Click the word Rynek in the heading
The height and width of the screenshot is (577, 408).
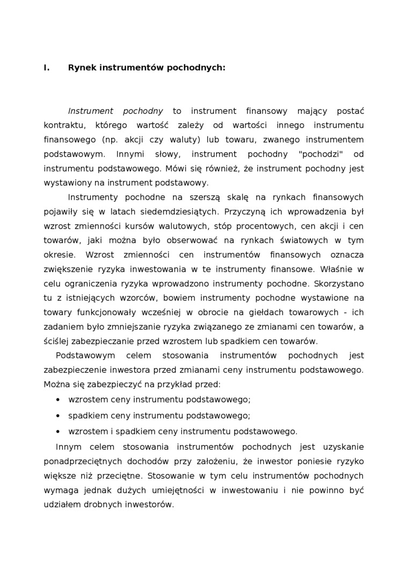pos(81,68)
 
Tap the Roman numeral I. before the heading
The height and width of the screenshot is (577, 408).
pos(46,68)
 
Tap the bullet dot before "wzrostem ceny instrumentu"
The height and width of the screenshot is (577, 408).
pos(57,400)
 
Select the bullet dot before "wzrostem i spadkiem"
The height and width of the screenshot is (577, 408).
pos(57,431)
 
